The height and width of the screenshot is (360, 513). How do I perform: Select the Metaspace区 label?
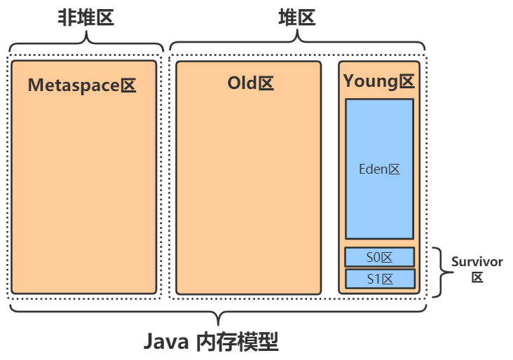click(x=82, y=85)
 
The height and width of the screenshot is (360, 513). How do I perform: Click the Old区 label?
click(x=250, y=83)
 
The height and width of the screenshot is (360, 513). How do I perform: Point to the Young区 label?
click(x=379, y=81)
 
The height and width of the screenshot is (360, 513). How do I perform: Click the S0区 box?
click(x=380, y=257)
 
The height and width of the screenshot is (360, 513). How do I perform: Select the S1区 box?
click(x=380, y=279)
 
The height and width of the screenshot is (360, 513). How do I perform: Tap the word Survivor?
click(x=477, y=262)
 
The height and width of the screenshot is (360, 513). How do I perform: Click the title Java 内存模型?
click(x=211, y=342)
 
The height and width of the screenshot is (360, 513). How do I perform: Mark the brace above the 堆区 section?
click(x=297, y=43)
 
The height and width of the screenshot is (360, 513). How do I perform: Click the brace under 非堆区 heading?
click(x=85, y=43)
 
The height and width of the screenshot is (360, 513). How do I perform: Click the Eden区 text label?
click(x=379, y=169)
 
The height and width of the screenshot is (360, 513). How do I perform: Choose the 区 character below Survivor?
click(x=477, y=277)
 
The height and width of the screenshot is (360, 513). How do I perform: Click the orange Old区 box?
click(x=249, y=196)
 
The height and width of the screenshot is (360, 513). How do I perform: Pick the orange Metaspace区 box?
click(x=83, y=196)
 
